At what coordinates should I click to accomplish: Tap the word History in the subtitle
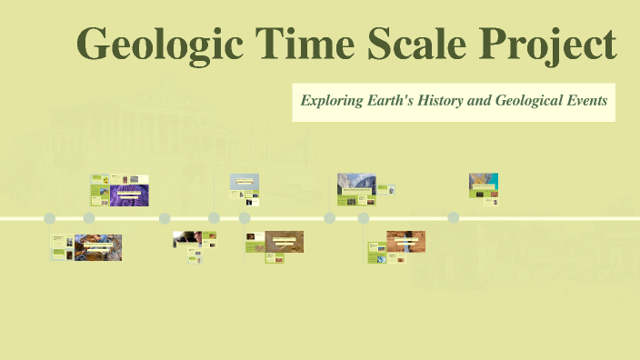[x=442, y=101]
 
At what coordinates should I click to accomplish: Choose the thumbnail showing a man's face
[x=187, y=239]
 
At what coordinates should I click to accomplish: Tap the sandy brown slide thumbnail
[x=284, y=241]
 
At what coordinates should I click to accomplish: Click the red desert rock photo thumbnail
[x=405, y=241]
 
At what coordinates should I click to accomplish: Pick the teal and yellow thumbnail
[x=483, y=184]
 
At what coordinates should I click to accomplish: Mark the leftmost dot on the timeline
[x=50, y=218]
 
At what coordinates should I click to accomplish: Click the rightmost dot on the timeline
[x=454, y=218]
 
